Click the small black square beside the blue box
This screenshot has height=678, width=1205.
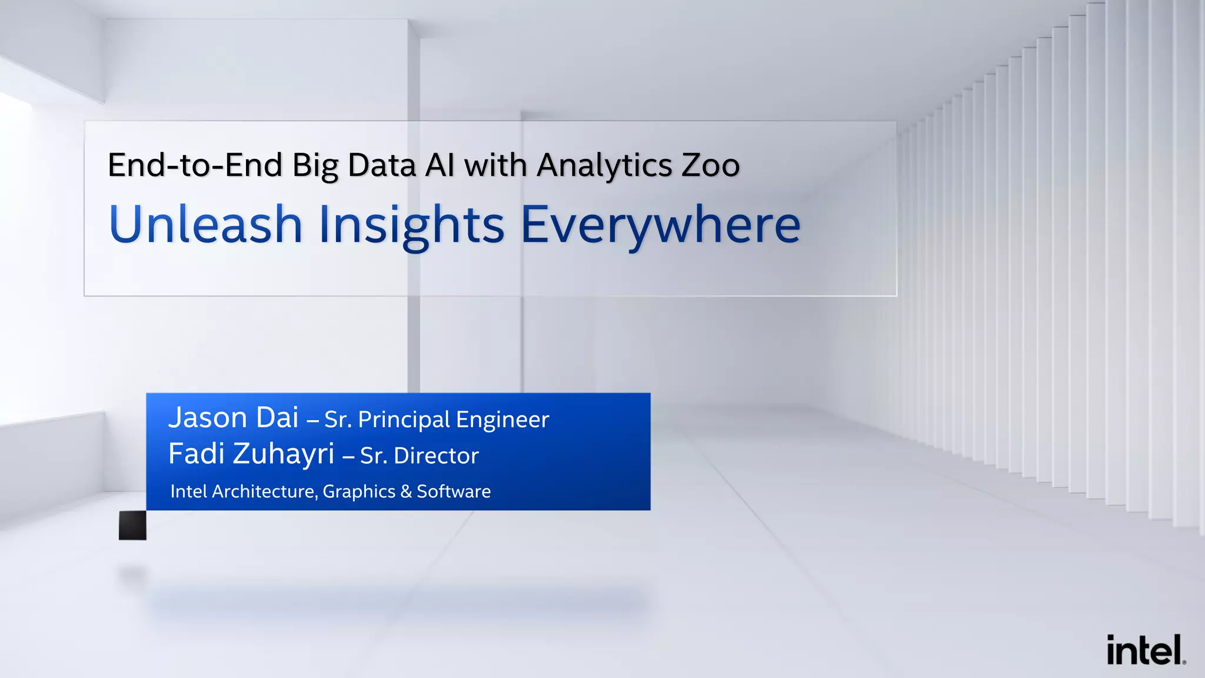tap(132, 525)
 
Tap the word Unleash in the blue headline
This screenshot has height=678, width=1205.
tap(205, 224)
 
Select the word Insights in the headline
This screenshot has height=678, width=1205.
tap(411, 225)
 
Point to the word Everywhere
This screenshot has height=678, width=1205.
tap(660, 225)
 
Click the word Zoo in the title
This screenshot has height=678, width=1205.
tap(710, 165)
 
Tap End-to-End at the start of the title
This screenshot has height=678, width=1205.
tap(195, 165)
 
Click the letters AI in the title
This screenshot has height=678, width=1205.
tap(440, 165)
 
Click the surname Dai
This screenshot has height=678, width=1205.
tap(277, 418)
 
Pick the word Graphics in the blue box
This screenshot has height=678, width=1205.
tap(359, 492)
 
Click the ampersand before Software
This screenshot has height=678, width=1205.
tap(406, 491)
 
